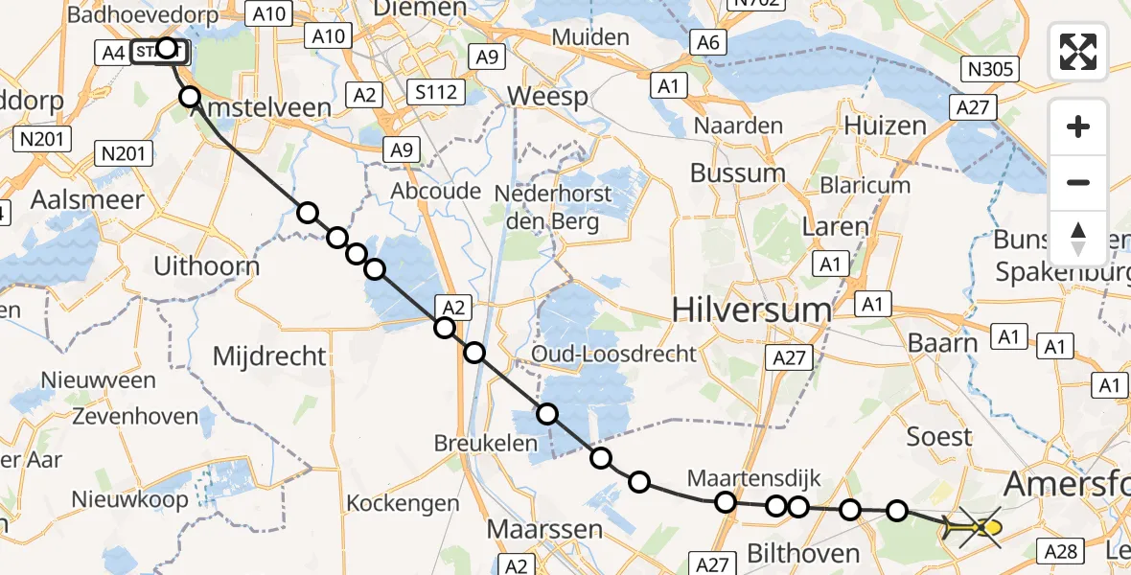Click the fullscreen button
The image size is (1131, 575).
[x=1078, y=52]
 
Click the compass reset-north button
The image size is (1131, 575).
[x=1078, y=239]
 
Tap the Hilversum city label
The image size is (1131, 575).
[x=751, y=310]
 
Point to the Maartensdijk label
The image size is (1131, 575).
[x=754, y=478]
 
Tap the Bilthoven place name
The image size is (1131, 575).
[x=789, y=553]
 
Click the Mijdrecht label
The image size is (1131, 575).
[x=269, y=356]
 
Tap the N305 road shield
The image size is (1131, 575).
[x=991, y=69]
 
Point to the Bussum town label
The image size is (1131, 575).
[x=738, y=173]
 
